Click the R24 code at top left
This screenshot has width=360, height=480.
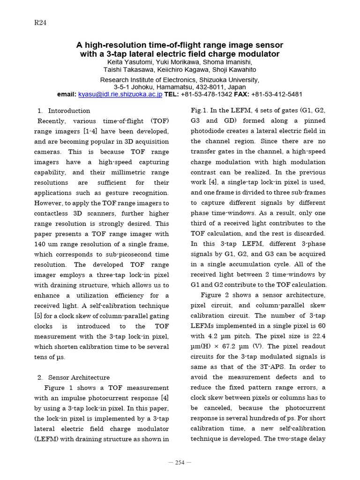click(x=40, y=22)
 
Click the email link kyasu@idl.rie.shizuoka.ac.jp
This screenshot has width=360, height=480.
click(x=120, y=94)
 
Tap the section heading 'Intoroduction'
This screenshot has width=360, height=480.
click(x=69, y=111)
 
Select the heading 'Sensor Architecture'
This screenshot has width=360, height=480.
click(x=79, y=377)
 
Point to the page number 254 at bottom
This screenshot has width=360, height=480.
click(x=180, y=463)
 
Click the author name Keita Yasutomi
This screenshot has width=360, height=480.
click(x=128, y=62)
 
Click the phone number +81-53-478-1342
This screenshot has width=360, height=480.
click(x=206, y=94)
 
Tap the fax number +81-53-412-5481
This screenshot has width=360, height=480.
click(x=277, y=94)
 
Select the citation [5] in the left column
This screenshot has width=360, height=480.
click(x=38, y=316)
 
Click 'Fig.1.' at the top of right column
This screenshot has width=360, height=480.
click(x=199, y=111)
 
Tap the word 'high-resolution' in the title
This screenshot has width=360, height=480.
click(x=113, y=45)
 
